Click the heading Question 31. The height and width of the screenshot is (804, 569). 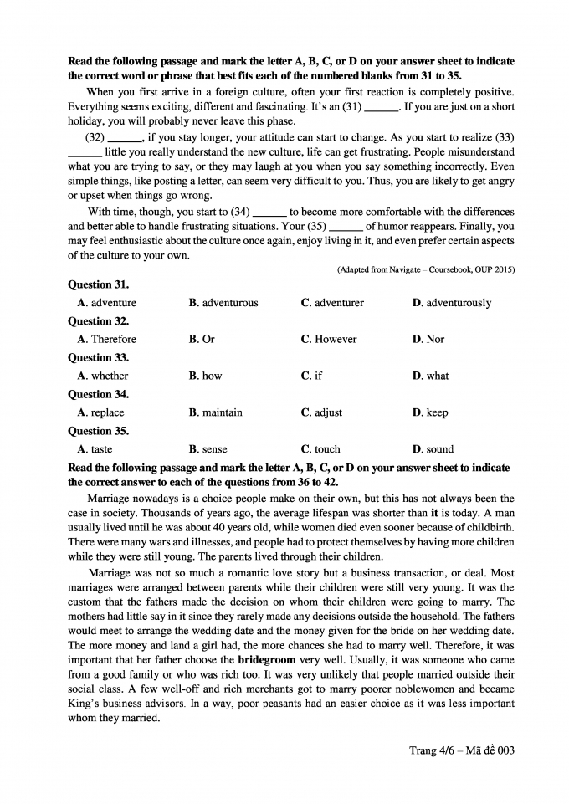pyautogui.click(x=98, y=284)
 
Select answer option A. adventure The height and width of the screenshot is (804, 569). pyautogui.click(x=106, y=303)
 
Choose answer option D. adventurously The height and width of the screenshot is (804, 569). pyautogui.click(x=452, y=303)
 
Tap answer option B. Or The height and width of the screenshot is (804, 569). pyautogui.click(x=202, y=340)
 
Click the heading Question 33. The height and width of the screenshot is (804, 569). pyautogui.click(x=98, y=358)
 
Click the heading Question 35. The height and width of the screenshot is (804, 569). pyautogui.click(x=98, y=432)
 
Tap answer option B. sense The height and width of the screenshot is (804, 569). pyautogui.click(x=208, y=450)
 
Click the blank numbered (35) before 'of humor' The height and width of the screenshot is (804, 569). pyautogui.click(x=345, y=227)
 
